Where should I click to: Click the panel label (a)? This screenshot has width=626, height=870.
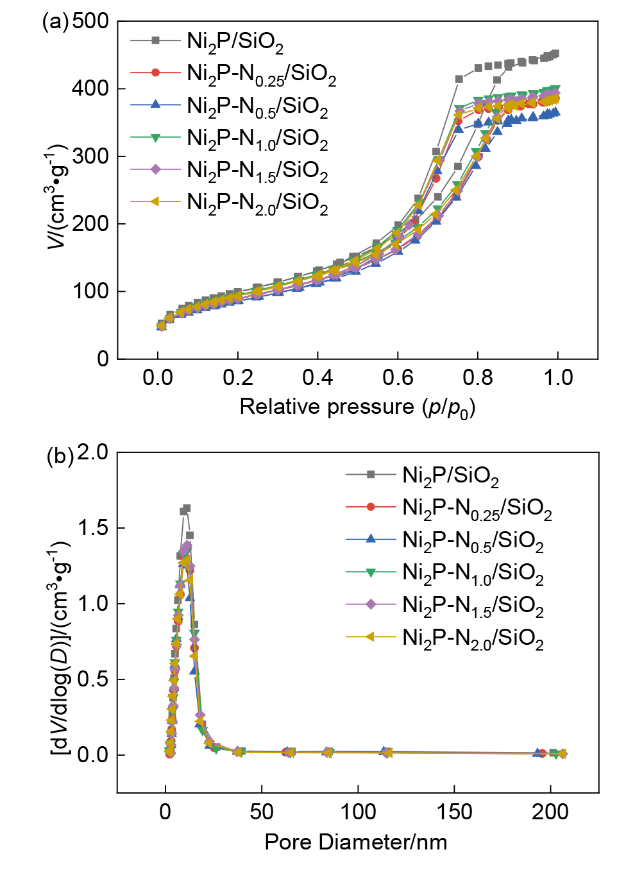(x=55, y=21)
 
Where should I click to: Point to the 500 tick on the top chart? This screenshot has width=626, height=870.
(x=90, y=21)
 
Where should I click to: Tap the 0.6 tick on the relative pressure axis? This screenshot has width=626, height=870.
(x=398, y=377)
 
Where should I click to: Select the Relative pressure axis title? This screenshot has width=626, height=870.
(x=357, y=407)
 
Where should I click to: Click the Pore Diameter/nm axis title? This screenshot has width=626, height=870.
(x=356, y=842)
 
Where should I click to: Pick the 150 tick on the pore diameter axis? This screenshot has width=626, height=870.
(x=454, y=812)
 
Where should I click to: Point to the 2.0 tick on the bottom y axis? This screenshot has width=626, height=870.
(x=93, y=452)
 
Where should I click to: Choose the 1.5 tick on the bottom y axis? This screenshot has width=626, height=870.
(x=93, y=528)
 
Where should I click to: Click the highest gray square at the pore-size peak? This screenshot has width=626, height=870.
(x=187, y=508)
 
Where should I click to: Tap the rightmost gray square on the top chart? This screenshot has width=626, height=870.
(x=555, y=54)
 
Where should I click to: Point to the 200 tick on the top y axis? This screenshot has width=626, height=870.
(x=90, y=224)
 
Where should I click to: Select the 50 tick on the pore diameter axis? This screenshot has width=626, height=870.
(x=262, y=812)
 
